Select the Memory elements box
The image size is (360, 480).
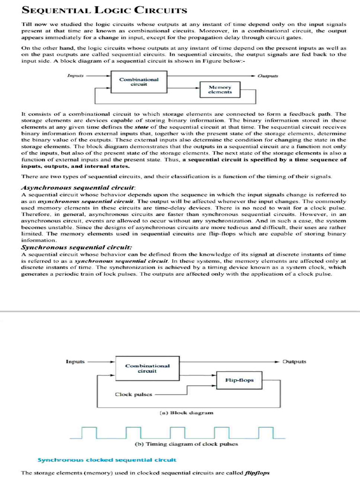220,90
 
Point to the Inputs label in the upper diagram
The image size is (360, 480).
75,75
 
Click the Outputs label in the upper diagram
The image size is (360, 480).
268,75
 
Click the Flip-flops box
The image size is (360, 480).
239,380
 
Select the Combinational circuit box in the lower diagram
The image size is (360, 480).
147,368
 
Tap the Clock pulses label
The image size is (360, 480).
134,394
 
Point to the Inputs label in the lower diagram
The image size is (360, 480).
75,361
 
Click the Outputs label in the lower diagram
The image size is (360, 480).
294,361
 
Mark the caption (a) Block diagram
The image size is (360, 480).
187,412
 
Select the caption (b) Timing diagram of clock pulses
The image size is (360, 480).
186,444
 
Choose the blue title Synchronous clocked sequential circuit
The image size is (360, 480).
107,459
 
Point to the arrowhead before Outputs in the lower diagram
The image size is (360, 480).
278,362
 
